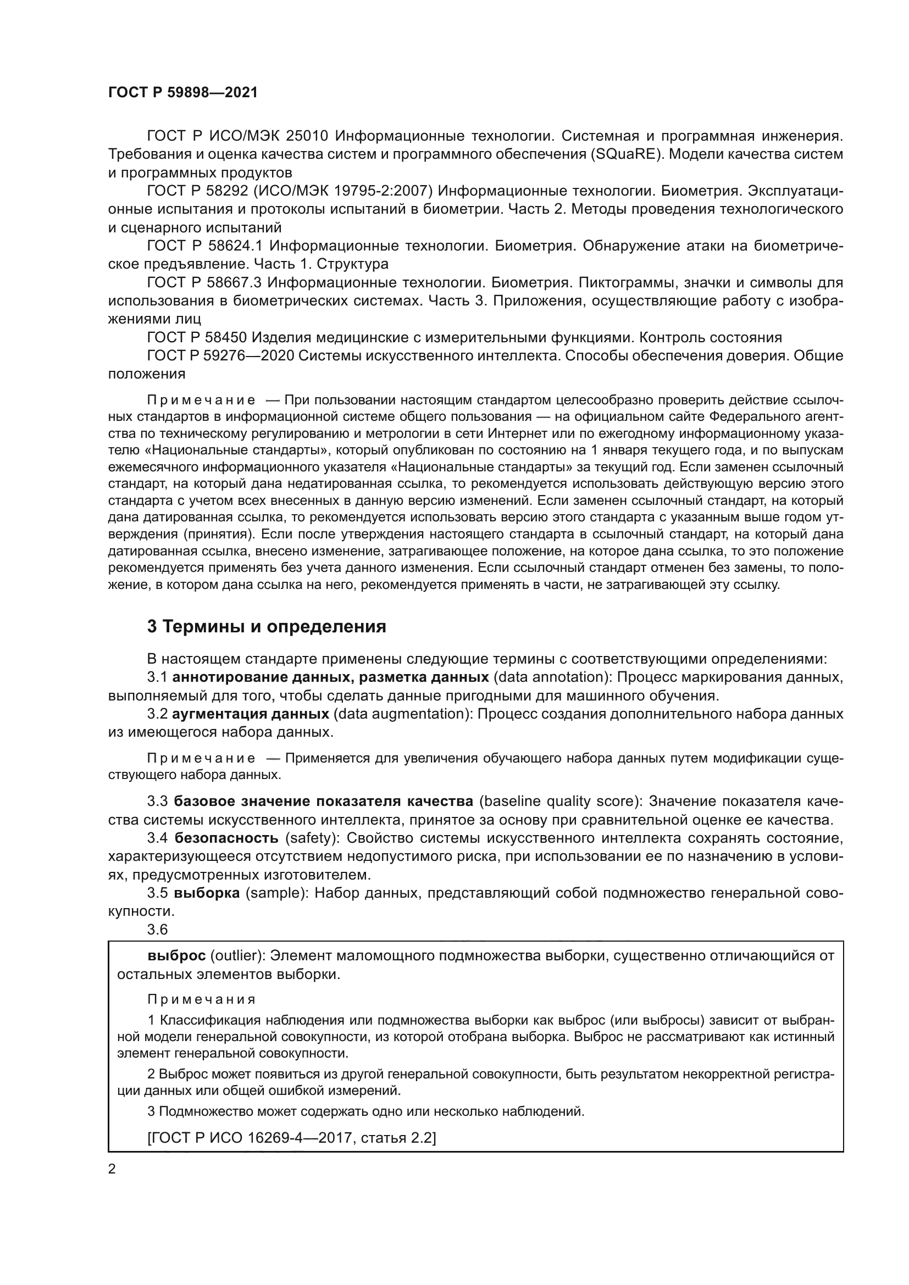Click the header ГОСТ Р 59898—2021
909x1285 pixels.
[183, 93]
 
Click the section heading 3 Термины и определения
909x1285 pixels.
[267, 626]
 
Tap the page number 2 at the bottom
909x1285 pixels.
[112, 1169]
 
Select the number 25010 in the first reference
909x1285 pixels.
[309, 136]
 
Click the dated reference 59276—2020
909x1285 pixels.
[250, 356]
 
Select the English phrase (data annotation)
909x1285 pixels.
[551, 677]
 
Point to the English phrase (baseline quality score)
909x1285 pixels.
[561, 802]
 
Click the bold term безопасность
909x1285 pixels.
[226, 838]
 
